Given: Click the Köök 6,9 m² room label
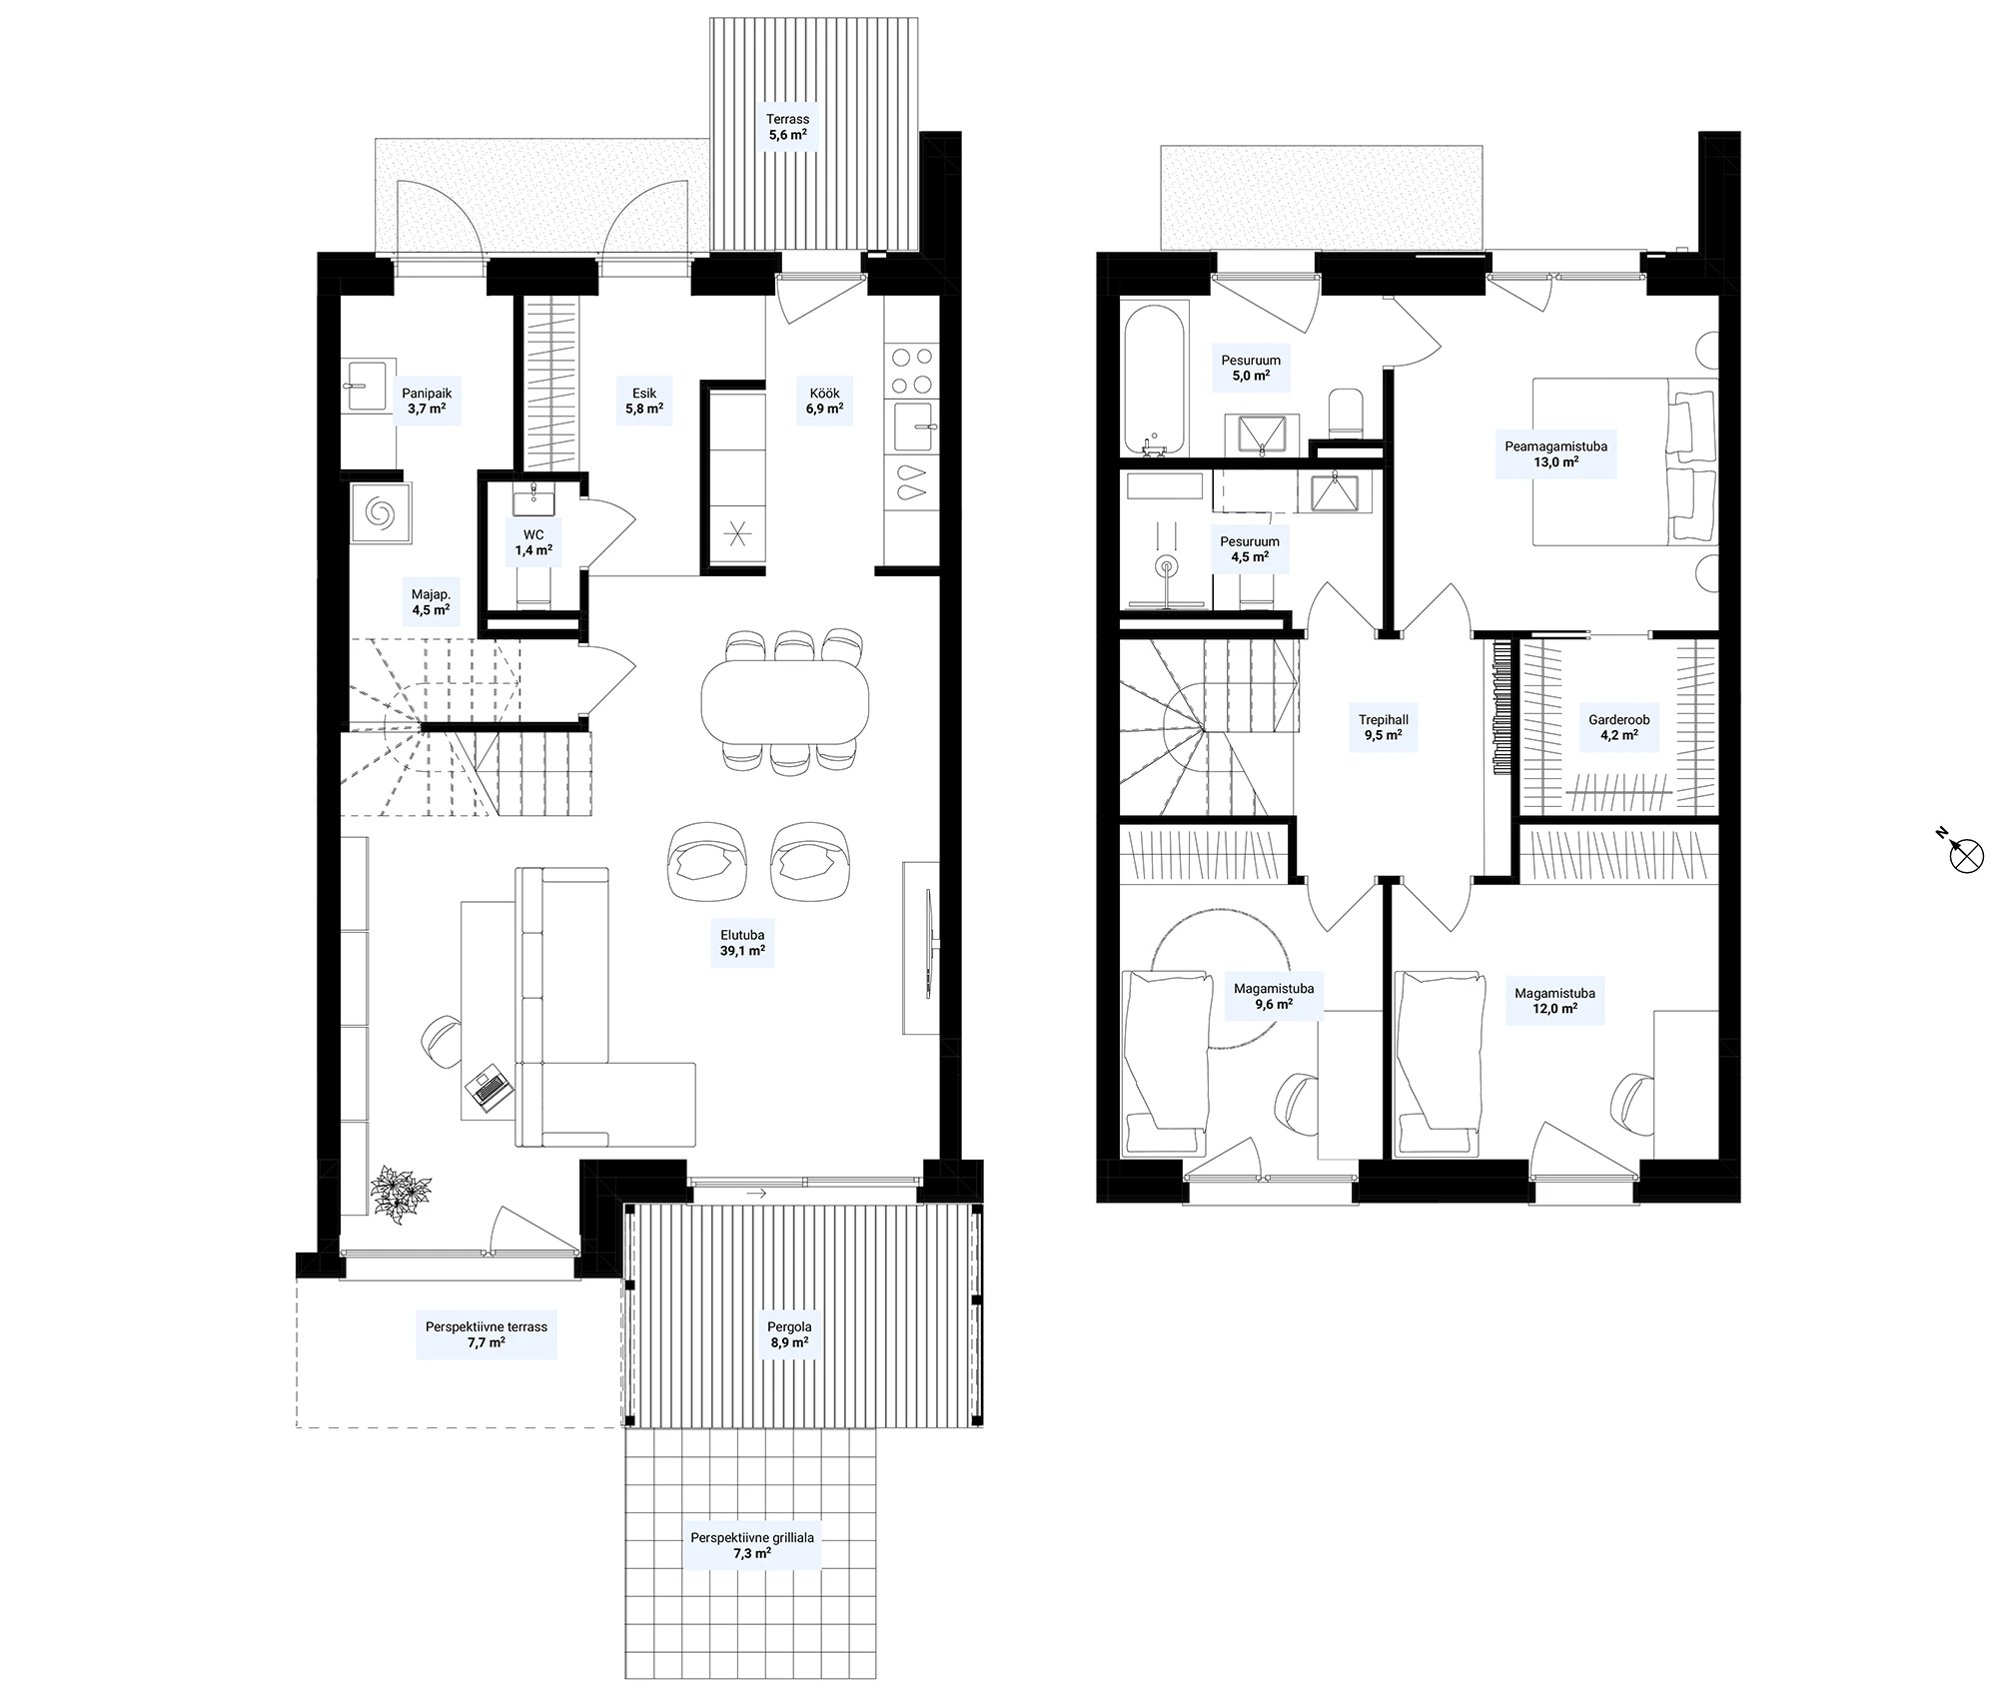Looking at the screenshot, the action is click(x=824, y=401).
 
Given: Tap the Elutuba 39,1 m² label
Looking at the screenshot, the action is click(x=742, y=944).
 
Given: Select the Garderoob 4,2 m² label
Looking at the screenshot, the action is click(x=1619, y=727).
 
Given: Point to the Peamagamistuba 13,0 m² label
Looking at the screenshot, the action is click(x=1556, y=454).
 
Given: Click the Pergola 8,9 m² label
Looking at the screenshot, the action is click(x=789, y=1335).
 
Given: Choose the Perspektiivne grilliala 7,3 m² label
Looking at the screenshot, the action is click(x=752, y=1546).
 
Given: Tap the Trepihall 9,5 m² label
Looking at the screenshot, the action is click(x=1384, y=727).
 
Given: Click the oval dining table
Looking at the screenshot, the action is click(x=785, y=699).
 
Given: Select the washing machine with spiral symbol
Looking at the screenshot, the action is click(x=380, y=513).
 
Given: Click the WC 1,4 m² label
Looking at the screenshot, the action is click(x=533, y=542).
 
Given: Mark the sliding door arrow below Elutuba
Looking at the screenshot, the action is click(x=755, y=1193).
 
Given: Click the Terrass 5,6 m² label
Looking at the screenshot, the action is click(x=788, y=127).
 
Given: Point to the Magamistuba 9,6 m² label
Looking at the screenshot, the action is click(x=1274, y=997).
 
